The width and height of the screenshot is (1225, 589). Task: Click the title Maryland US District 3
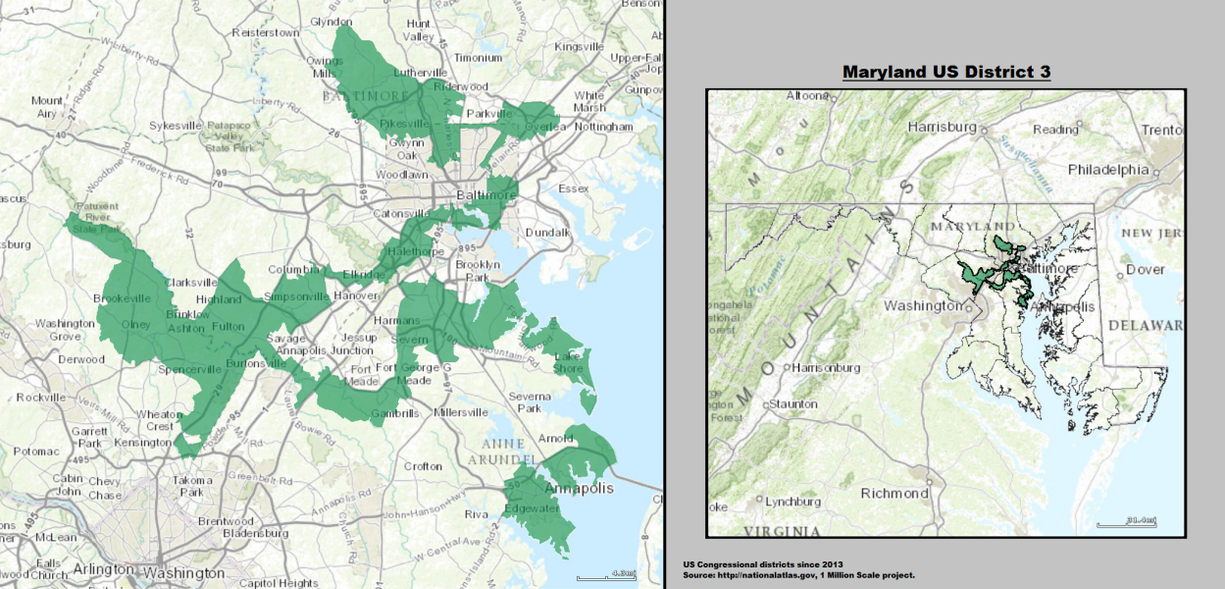point(945,74)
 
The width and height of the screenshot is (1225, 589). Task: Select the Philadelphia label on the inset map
point(1108,169)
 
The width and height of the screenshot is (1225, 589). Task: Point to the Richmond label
point(894,493)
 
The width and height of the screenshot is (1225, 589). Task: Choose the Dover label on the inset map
point(1145,269)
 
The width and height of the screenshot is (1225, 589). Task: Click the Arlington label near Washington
point(101,569)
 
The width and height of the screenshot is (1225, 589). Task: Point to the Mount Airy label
point(47,107)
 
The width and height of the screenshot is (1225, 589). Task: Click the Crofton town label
point(423,466)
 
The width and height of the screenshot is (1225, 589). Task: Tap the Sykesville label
point(176,126)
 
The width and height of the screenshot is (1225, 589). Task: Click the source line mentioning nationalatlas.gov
point(799,574)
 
